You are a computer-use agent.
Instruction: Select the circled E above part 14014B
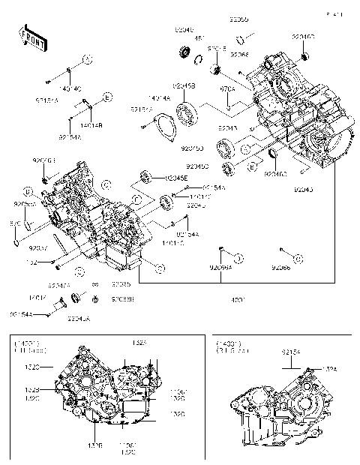[107, 97]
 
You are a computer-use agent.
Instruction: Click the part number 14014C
[69, 88]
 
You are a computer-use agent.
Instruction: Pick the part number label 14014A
[160, 97]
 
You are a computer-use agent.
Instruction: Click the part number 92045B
[184, 86]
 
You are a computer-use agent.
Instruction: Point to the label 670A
[227, 88]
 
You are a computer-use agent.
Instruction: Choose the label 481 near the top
[200, 39]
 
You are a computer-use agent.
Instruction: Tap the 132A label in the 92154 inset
[331, 368]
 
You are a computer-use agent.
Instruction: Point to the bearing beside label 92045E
[147, 178]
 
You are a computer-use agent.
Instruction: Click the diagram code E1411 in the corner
[334, 13]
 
